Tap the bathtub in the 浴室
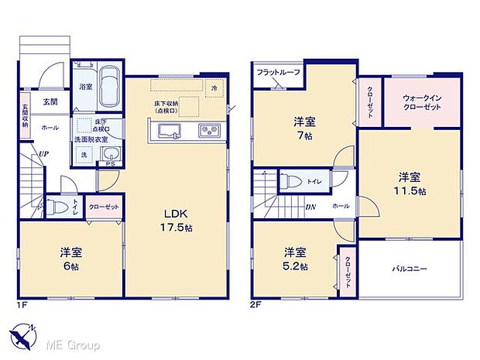(x=108, y=87)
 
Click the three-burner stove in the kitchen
(x=209, y=130)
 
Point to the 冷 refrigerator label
(x=214, y=89)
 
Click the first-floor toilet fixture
(x=53, y=207)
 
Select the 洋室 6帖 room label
(x=70, y=259)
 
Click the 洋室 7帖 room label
(x=304, y=128)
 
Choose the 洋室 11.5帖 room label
(x=410, y=182)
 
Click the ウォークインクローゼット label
(x=423, y=104)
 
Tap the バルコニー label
(x=410, y=269)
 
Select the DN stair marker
(x=310, y=207)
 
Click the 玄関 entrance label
(x=50, y=101)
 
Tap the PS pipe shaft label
(x=110, y=164)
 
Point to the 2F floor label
(x=256, y=305)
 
